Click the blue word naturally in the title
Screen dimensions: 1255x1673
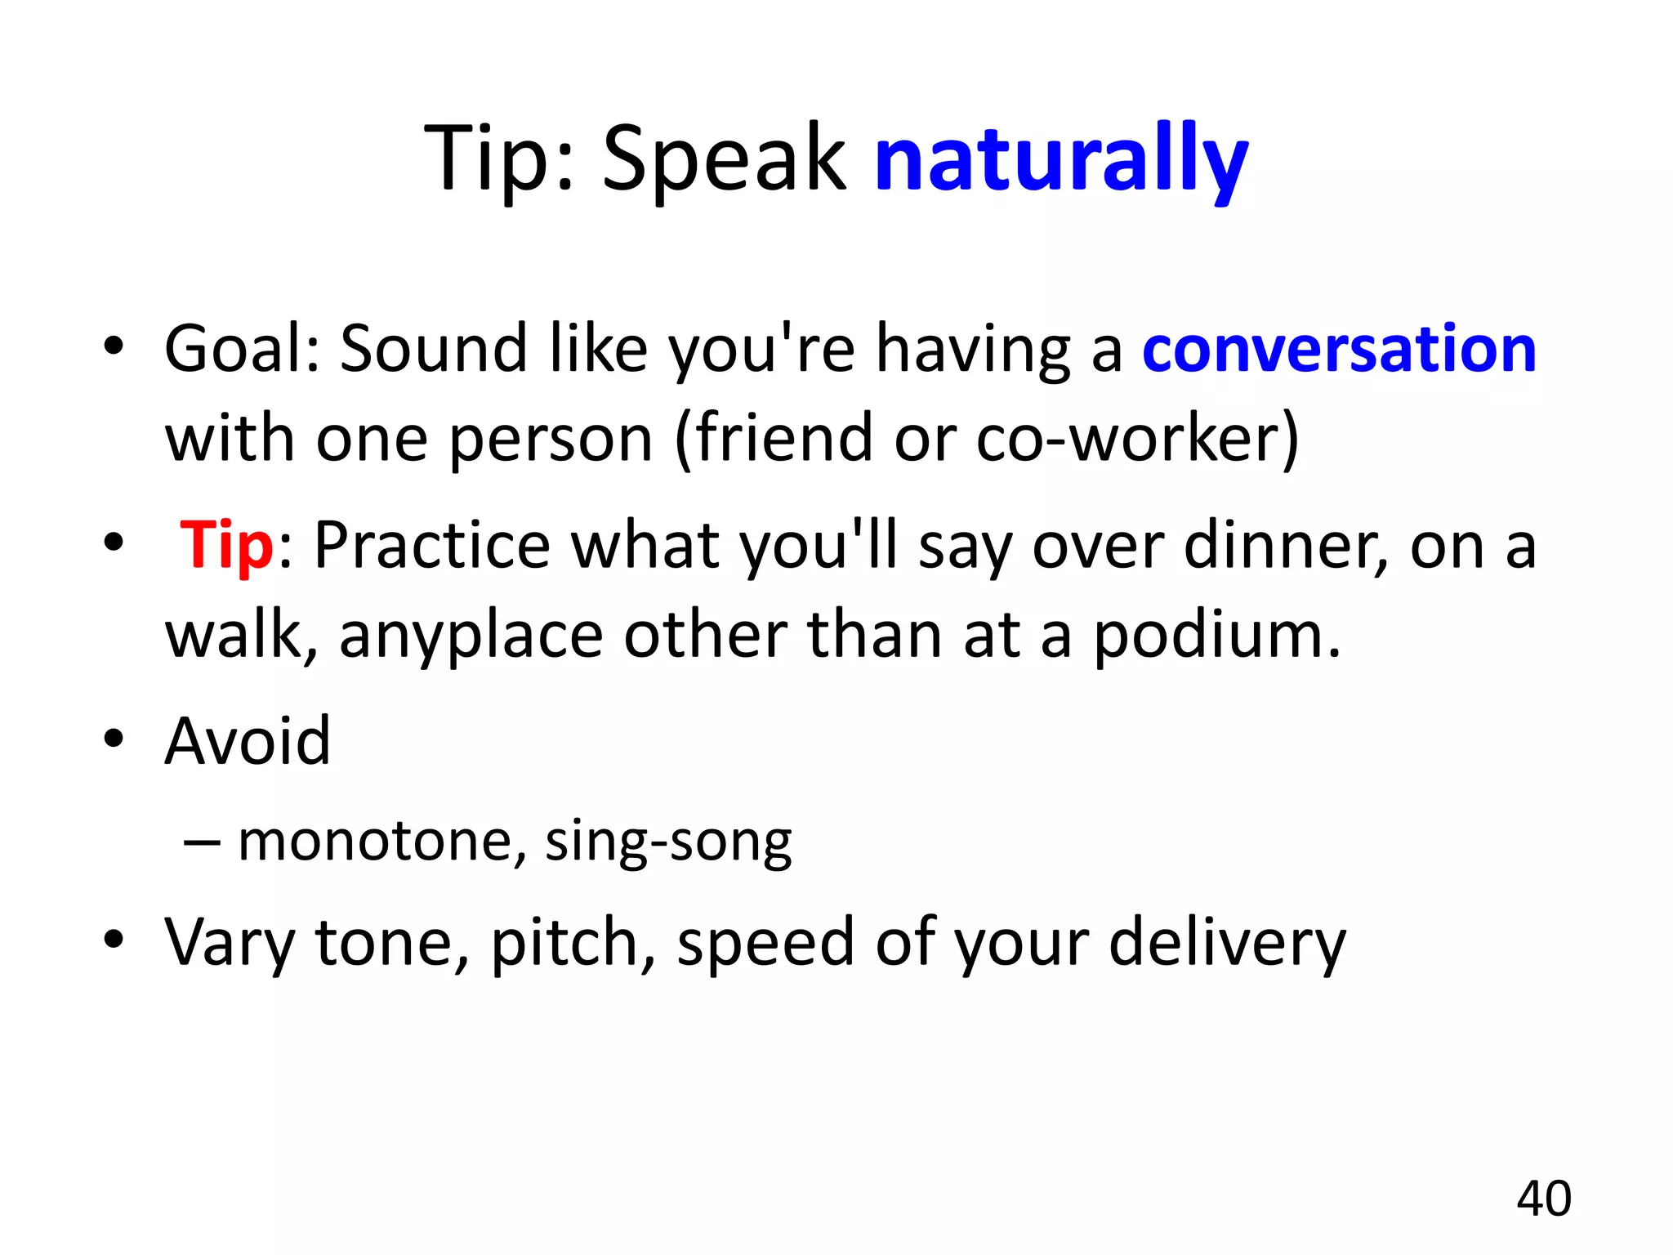coord(1060,159)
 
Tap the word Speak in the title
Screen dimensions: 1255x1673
coord(724,159)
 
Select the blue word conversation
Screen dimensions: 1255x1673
coord(1339,350)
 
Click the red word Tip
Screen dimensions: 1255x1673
coord(226,545)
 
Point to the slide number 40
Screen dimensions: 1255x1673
coord(1544,1199)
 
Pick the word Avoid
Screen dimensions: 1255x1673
coord(248,742)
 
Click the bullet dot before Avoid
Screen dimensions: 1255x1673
coord(114,739)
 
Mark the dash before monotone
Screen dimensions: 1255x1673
coord(202,842)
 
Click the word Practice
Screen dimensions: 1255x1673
coord(432,546)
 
